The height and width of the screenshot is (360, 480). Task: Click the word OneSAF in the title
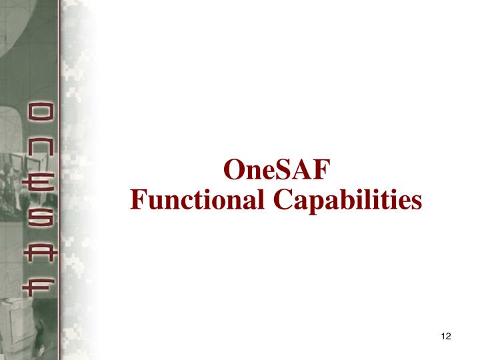[276, 171]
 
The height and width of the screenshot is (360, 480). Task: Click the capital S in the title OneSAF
[283, 171]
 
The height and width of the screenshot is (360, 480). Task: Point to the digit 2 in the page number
[449, 335]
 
